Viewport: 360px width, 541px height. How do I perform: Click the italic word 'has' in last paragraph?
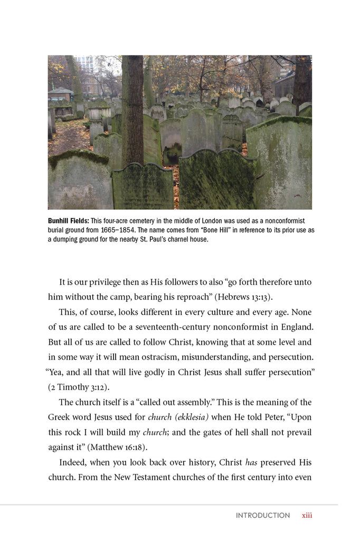tap(251, 462)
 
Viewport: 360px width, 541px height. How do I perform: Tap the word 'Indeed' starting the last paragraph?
tap(73, 462)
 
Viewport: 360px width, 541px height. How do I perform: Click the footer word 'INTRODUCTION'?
tap(263, 515)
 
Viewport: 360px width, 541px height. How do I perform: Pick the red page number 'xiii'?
tap(307, 515)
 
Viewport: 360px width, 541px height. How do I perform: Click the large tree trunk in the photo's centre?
tap(132, 111)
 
